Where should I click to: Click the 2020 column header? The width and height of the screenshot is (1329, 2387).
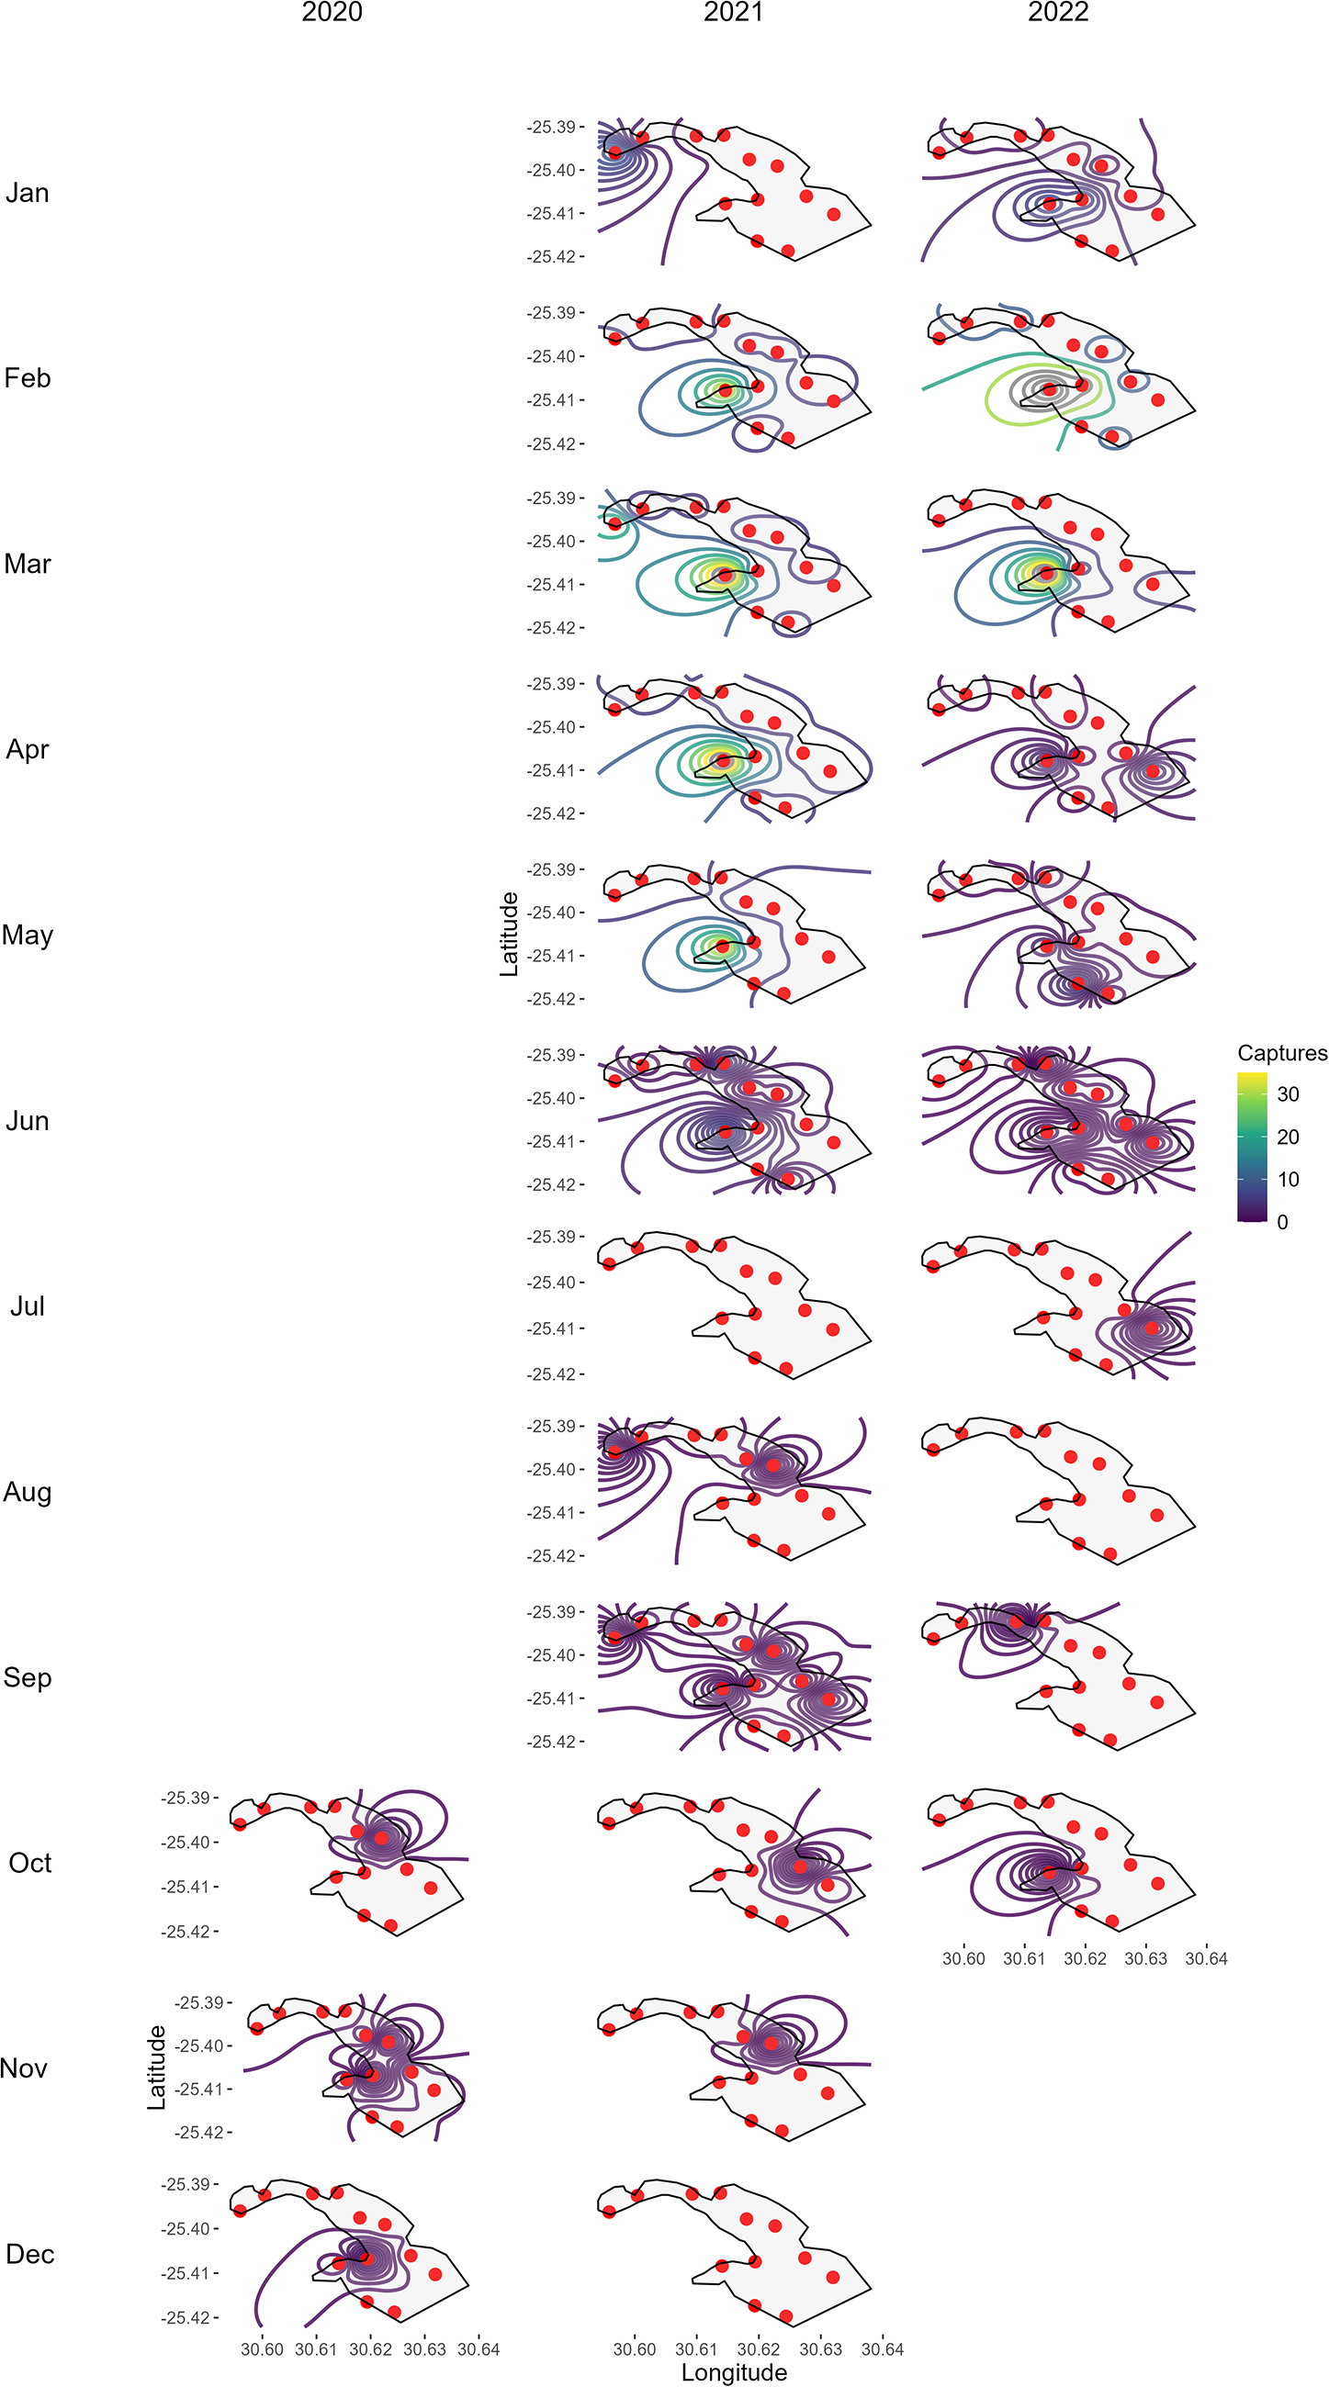point(332,12)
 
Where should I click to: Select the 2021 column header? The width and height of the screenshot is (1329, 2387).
point(733,12)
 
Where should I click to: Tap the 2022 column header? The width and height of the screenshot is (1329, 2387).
point(1057,12)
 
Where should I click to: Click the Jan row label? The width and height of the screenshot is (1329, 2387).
point(27,193)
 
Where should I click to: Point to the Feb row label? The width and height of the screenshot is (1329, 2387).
point(27,378)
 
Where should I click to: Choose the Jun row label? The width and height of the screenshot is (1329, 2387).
point(27,1121)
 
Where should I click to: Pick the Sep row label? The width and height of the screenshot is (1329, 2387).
point(27,1678)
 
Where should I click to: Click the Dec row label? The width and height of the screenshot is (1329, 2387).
point(29,2255)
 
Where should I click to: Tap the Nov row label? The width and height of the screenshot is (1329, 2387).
point(24,2068)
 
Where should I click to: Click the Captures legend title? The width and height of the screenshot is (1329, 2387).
point(1282,1054)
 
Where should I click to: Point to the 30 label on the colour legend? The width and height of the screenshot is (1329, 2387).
point(1289,1094)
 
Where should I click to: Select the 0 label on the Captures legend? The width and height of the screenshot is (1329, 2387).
point(1283,1222)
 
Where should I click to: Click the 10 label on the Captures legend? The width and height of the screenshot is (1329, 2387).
point(1289,1180)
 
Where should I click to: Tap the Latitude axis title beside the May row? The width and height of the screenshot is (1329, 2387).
point(509,934)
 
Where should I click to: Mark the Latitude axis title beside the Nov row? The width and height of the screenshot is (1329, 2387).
point(157,2067)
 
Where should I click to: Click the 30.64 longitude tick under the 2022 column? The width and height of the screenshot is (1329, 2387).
point(1206,1958)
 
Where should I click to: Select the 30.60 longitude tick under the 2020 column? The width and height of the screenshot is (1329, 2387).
point(262,2349)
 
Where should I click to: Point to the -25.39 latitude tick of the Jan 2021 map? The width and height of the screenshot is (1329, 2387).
point(551,127)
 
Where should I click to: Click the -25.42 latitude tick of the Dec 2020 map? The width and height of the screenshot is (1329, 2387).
point(187,2317)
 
